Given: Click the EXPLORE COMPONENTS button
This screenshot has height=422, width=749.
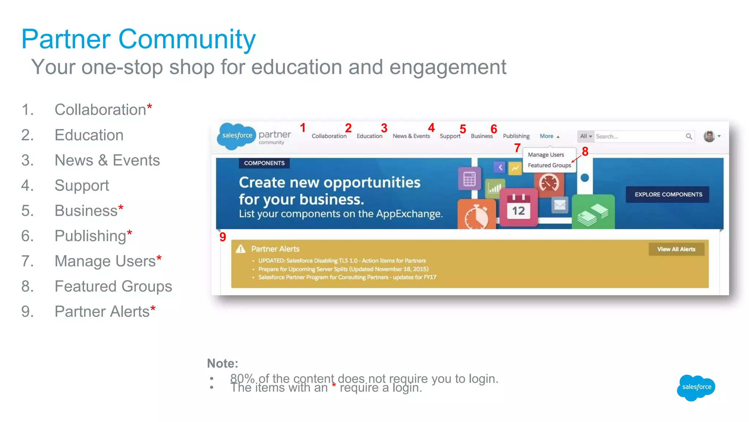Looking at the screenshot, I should point(668,194).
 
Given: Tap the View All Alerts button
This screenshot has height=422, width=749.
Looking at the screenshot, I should point(676,249).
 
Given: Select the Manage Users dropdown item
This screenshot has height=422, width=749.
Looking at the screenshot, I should point(546,155).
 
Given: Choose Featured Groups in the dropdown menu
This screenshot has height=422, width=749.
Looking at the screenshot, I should point(549,165).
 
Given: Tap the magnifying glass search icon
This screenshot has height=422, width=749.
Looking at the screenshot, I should point(689,137).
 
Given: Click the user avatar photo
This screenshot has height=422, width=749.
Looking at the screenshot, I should point(709,136).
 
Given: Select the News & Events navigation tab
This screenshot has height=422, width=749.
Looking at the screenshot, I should point(411,136).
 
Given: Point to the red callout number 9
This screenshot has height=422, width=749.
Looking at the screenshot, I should point(223,237).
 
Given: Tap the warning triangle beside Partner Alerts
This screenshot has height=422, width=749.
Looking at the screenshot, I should point(241,249).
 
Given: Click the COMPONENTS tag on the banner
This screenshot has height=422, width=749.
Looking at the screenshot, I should point(264,163).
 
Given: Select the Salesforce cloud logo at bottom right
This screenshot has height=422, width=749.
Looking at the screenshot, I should point(696,387).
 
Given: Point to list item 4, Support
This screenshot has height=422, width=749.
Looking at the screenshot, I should point(82,186).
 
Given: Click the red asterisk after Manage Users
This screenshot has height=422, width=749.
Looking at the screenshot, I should point(159,258).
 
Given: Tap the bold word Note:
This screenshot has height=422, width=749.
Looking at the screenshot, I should point(222,363).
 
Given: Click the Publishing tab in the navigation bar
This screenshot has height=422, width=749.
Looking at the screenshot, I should point(516,136).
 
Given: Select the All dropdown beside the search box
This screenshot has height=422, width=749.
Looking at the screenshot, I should point(586,136).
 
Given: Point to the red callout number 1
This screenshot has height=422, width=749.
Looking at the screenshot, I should point(303,128).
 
